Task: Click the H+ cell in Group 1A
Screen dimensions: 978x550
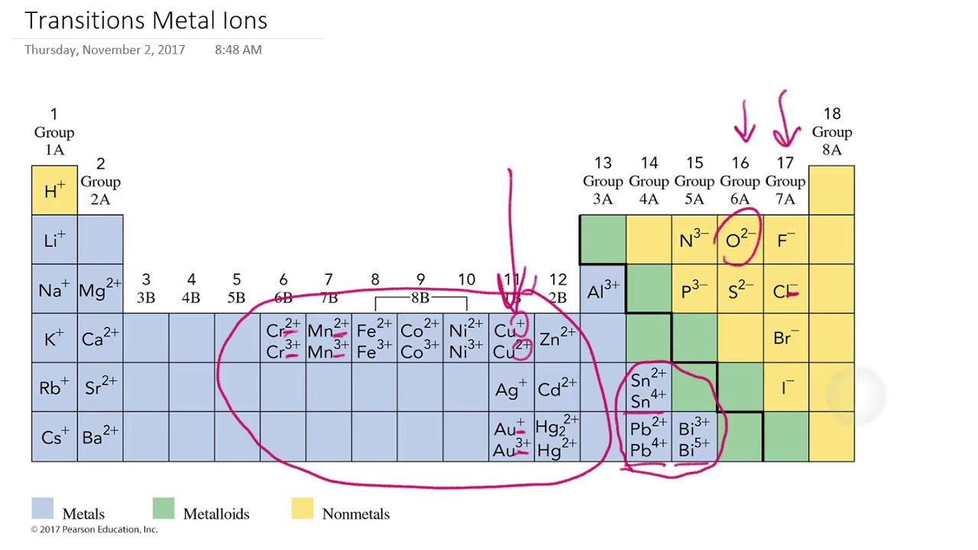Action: pyautogui.click(x=54, y=190)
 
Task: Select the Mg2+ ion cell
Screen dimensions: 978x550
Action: pyautogui.click(x=100, y=290)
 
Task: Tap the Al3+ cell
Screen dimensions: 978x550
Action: pyautogui.click(x=603, y=290)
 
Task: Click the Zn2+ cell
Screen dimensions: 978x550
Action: pyautogui.click(x=557, y=338)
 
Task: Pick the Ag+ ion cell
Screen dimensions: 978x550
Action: pyautogui.click(x=511, y=388)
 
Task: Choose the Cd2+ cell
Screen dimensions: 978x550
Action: pyautogui.click(x=557, y=388)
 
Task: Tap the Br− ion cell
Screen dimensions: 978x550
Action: pyautogui.click(x=785, y=338)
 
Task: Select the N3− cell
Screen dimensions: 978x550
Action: pyautogui.click(x=694, y=240)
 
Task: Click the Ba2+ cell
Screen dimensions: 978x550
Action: pyautogui.click(x=100, y=437)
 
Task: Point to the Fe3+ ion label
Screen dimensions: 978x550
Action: pyautogui.click(x=374, y=351)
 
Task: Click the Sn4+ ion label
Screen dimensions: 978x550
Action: pyautogui.click(x=649, y=400)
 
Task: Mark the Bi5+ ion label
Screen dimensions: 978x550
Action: pyautogui.click(x=694, y=449)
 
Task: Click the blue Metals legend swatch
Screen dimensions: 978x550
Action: pyautogui.click(x=42, y=509)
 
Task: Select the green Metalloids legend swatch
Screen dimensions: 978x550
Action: pyautogui.click(x=164, y=509)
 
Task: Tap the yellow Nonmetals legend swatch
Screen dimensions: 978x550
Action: pyautogui.click(x=303, y=509)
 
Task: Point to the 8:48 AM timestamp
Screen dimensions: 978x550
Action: pyautogui.click(x=238, y=50)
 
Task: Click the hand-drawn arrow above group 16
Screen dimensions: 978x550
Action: pyautogui.click(x=744, y=122)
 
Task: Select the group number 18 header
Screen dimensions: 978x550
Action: pyautogui.click(x=831, y=114)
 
